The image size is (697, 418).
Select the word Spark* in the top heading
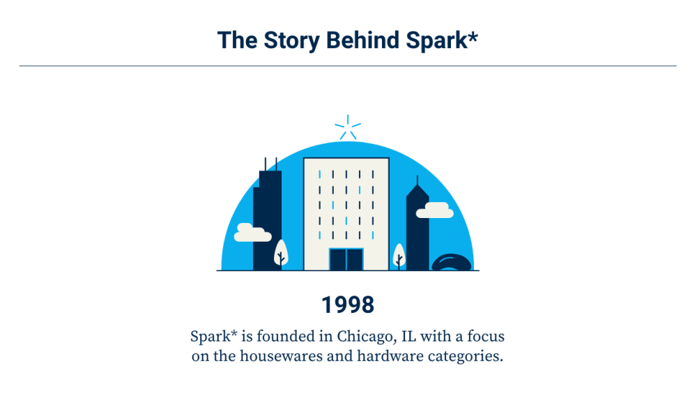coord(443,40)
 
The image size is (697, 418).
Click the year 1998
coord(348,305)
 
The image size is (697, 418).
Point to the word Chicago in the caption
coord(364,336)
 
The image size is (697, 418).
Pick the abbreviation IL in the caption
coord(410,336)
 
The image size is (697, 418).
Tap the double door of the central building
coord(346,259)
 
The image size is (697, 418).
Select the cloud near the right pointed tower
coord(435,210)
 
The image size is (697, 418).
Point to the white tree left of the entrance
coord(281,253)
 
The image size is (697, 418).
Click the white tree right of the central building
coord(399,255)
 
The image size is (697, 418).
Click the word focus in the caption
coord(485,336)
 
